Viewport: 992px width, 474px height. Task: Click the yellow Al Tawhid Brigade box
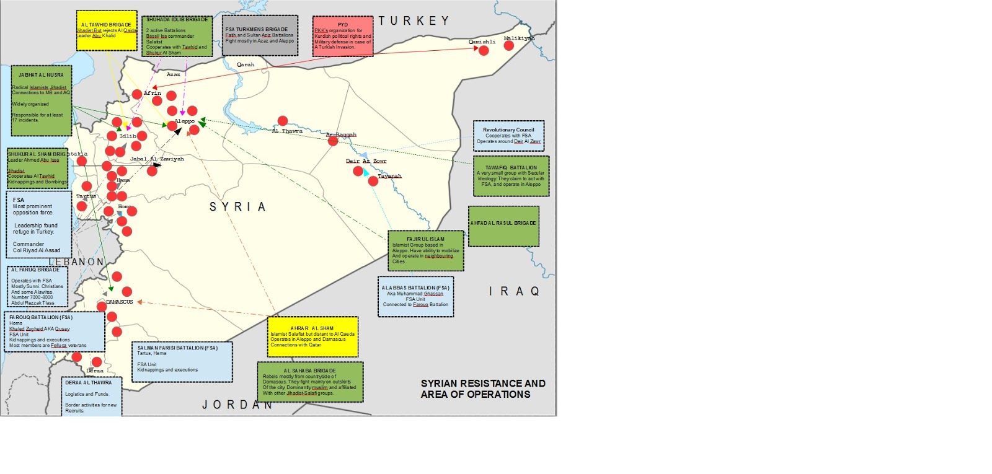[x=107, y=30]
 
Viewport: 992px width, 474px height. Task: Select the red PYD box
[x=343, y=37]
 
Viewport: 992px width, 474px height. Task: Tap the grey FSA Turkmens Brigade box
[x=260, y=35]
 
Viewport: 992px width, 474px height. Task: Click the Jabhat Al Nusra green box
[x=42, y=100]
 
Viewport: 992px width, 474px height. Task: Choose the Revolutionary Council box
[x=508, y=136]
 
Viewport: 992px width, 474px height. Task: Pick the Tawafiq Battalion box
[x=511, y=176]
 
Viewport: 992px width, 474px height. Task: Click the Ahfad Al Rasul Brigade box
[x=503, y=226]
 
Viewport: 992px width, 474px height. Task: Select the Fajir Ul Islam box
[x=425, y=250]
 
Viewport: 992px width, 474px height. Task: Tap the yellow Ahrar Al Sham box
[x=312, y=336]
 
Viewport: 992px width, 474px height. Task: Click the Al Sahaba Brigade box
[x=310, y=382]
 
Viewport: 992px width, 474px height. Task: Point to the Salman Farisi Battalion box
[x=182, y=361]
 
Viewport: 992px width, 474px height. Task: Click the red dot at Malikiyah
[x=509, y=45]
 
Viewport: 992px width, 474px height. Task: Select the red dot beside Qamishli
[x=484, y=51]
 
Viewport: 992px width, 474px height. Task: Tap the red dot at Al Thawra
[x=283, y=121]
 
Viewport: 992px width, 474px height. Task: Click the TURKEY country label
[x=414, y=21]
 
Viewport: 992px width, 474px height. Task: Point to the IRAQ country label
[x=514, y=291]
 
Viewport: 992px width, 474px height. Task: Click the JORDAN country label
[x=237, y=405]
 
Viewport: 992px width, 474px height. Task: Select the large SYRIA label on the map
[x=237, y=207]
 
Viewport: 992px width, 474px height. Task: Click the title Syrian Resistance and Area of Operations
[x=482, y=388]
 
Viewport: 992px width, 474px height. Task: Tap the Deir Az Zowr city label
[x=366, y=161]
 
